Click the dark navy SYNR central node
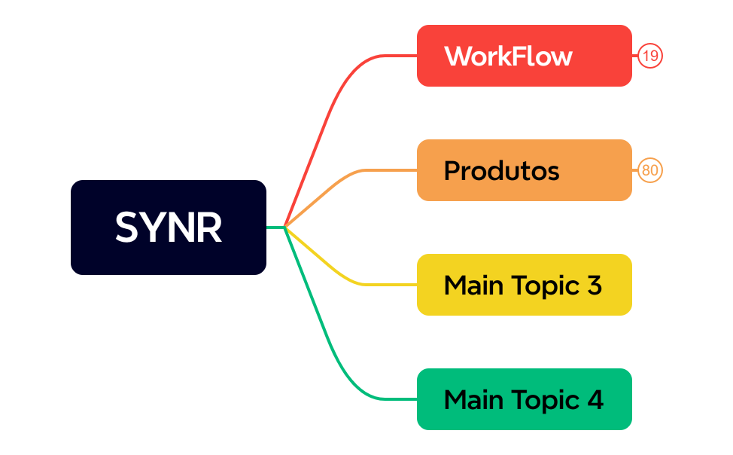pos(169,227)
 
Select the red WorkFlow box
pos(524,56)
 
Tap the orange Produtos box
pos(524,170)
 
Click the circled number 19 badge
pos(650,56)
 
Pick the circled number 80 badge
pos(650,170)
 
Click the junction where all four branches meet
pos(285,227)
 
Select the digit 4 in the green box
pos(595,400)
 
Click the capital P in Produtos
pos(452,171)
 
